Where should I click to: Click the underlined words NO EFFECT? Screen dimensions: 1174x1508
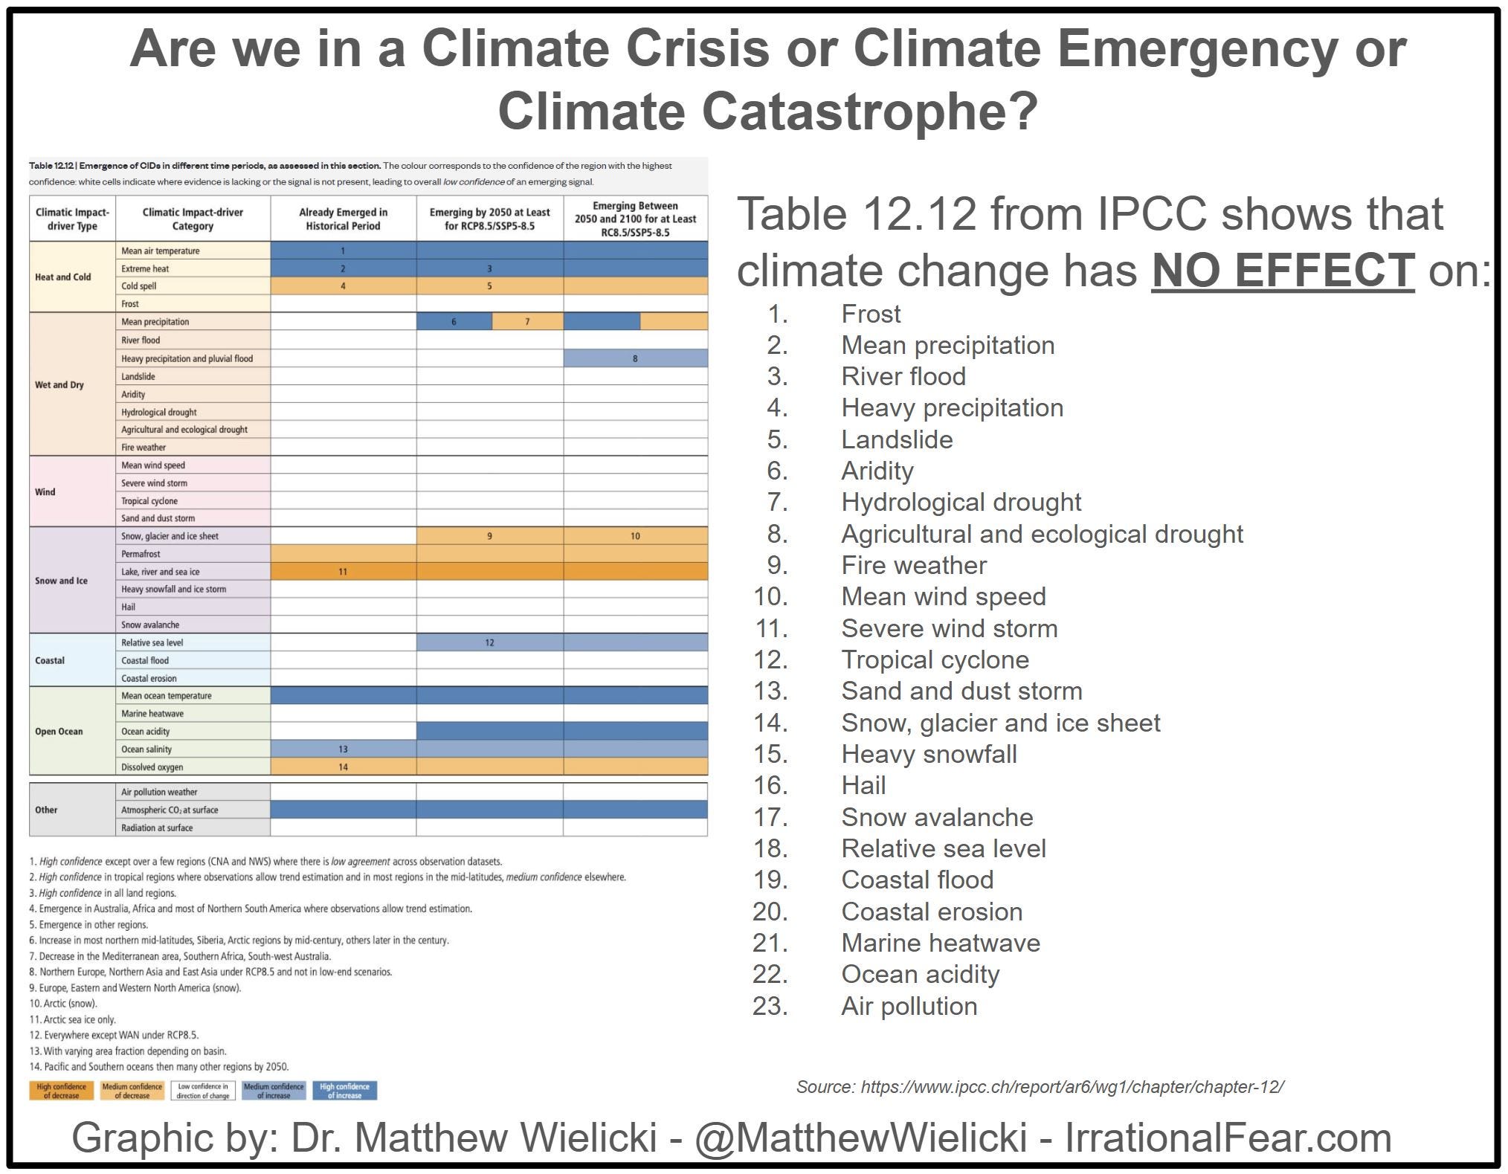1282,269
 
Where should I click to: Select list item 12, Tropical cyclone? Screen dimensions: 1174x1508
935,659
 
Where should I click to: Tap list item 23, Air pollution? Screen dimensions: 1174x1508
909,1006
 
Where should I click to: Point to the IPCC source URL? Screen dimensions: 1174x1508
1072,1087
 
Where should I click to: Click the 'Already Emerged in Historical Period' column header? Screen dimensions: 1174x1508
343,219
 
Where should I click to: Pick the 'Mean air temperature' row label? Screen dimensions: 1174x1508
161,251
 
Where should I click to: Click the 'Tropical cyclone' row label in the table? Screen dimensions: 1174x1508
149,500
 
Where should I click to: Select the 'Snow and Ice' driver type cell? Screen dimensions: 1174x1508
61,581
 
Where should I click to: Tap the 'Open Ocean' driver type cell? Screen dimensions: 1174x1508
59,731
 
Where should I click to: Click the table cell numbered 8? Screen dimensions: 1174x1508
635,358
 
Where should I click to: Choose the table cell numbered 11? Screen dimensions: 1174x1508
343,572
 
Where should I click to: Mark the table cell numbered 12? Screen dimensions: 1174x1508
489,642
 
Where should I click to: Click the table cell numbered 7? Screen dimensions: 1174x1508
527,322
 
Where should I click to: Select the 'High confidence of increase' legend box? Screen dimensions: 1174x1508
345,1091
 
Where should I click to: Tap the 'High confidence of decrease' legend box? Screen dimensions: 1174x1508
62,1091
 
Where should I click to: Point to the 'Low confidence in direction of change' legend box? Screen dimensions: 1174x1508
202,1091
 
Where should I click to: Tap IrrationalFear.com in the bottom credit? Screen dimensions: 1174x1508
1228,1138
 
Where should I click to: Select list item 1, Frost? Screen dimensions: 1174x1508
870,314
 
